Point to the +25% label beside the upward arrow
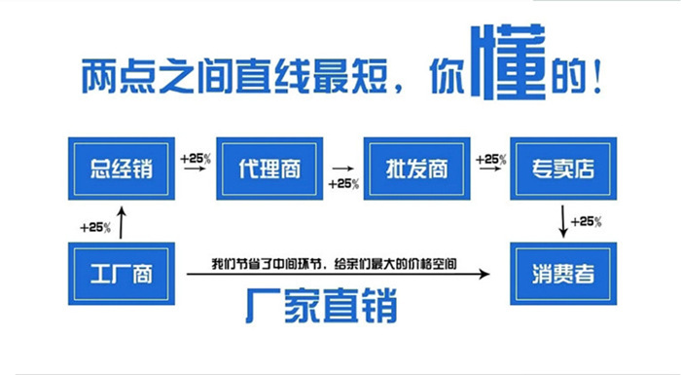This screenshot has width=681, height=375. (94, 227)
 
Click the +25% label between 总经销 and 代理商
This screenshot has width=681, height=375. (196, 156)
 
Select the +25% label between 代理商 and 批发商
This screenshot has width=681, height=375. (343, 183)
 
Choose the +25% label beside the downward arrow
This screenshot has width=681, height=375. (587, 222)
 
